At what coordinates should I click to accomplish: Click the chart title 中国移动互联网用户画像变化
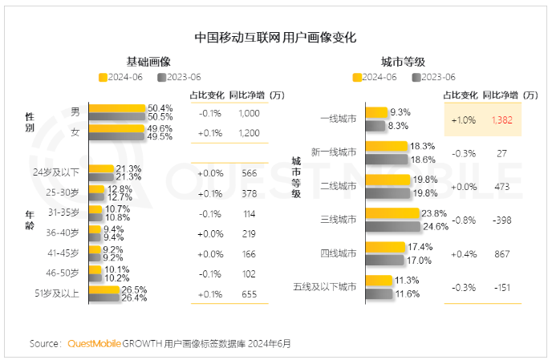click(x=275, y=38)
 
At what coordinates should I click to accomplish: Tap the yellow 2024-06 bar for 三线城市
click(x=393, y=212)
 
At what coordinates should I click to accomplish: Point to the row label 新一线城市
click(x=334, y=152)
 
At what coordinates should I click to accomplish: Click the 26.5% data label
click(x=133, y=289)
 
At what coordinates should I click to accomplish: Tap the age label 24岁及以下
click(x=56, y=172)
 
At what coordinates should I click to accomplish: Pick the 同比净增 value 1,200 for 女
click(x=249, y=132)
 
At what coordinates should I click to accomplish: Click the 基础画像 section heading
click(x=148, y=62)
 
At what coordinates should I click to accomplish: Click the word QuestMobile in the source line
click(x=95, y=343)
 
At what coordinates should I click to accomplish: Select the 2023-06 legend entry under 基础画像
click(x=178, y=77)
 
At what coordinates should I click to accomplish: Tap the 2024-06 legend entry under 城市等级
click(x=374, y=77)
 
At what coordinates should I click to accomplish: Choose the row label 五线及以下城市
click(x=325, y=286)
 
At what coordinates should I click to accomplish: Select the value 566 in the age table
click(x=249, y=173)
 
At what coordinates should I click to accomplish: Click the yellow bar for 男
click(x=117, y=107)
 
